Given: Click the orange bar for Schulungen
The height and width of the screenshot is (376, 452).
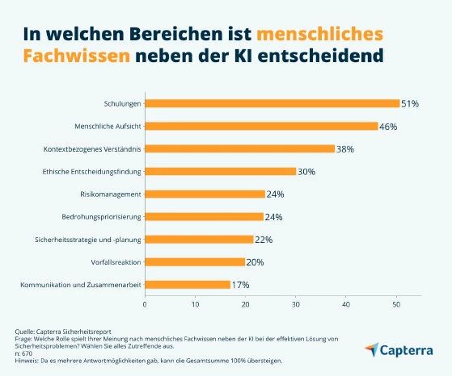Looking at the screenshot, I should pos(272,103).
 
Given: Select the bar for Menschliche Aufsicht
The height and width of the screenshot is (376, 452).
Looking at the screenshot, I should pos(260,126).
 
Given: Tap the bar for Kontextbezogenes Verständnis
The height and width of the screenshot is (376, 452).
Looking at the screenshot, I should pos(239,148).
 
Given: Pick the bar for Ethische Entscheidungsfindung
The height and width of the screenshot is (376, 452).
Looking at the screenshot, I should pos(220,171).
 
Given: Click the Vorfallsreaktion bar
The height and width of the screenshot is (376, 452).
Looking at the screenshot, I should pos(194,261).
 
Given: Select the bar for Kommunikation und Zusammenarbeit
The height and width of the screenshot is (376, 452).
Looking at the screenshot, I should pos(187,284).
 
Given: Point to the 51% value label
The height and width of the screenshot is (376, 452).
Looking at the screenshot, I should pos(410,104).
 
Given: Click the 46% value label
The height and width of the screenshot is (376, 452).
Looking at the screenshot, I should pos(388,127).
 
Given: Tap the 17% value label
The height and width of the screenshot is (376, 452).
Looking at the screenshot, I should pos(240,285).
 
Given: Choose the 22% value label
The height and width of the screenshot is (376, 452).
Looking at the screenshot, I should pos(264,240).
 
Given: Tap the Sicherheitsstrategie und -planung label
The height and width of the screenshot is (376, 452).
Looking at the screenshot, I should pos(87,239).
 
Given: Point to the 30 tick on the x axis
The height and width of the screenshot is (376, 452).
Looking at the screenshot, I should pos(295,304).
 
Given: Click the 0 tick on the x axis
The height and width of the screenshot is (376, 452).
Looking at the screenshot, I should pos(145,304).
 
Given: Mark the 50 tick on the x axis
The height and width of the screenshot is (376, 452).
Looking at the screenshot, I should pos(396,304).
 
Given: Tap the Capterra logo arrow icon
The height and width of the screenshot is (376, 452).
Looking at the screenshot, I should pos(371,349).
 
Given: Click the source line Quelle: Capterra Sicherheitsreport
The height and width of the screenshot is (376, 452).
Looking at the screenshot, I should pos(65,332).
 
